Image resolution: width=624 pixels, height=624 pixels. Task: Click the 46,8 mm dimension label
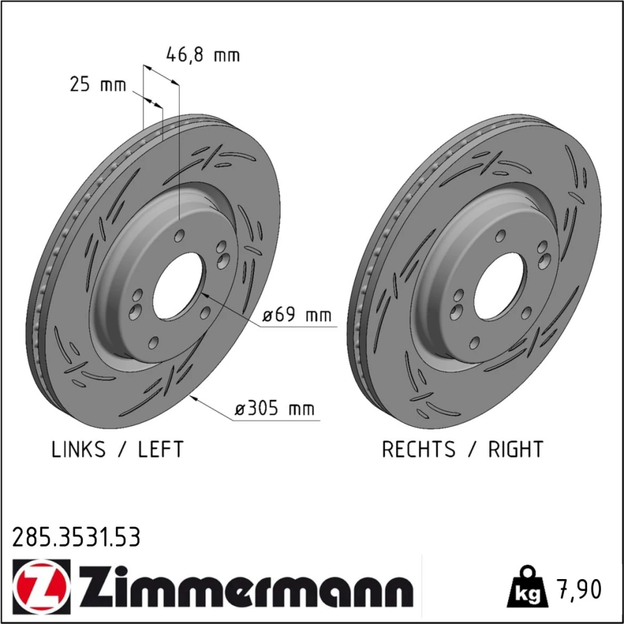(203, 54)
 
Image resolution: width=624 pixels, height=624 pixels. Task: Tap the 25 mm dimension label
(98, 84)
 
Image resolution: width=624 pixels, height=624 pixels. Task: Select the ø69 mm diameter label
(297, 314)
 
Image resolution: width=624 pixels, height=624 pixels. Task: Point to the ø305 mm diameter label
(275, 408)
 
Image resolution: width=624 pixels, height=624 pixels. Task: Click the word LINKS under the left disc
(79, 449)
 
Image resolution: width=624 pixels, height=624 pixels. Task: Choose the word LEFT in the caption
(160, 449)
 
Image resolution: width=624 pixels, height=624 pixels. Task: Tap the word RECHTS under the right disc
(418, 449)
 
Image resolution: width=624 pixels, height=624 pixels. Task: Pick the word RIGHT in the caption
(515, 449)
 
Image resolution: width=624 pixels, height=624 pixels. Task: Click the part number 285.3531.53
(76, 537)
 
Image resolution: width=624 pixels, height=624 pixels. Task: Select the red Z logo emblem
(41, 587)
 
